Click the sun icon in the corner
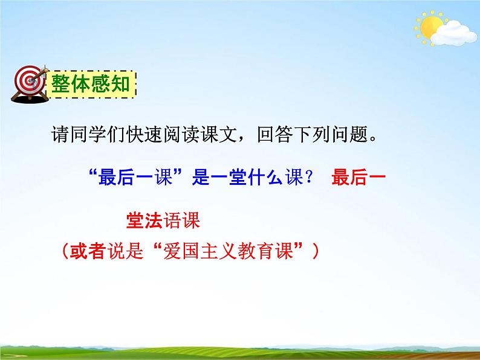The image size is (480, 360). click(431, 27)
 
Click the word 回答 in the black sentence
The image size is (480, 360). click(259, 134)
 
